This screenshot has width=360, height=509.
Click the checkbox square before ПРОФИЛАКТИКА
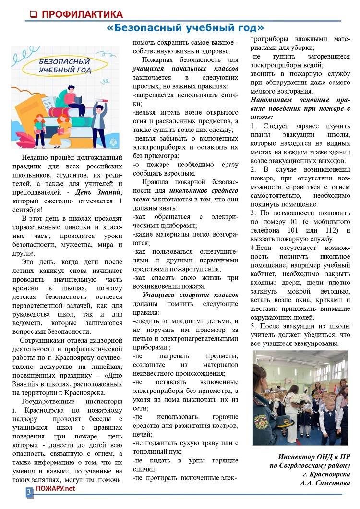[34, 14]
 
